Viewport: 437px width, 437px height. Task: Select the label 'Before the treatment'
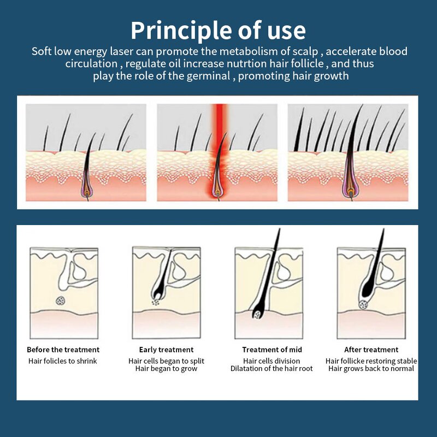pos(63,350)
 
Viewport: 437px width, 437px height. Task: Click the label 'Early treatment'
pos(166,350)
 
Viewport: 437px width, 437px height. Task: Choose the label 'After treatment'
pos(371,350)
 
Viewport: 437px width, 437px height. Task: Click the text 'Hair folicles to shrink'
pos(63,361)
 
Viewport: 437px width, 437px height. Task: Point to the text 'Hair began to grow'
pos(166,369)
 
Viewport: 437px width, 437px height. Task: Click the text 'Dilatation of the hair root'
pos(271,369)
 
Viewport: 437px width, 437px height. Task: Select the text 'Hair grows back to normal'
pos(371,369)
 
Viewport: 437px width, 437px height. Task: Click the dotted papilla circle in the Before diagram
pos(60,300)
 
